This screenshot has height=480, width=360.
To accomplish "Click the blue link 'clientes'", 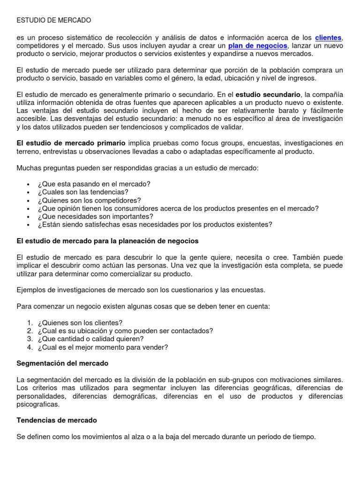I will click(x=328, y=37).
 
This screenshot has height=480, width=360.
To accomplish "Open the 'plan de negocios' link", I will click(x=257, y=45).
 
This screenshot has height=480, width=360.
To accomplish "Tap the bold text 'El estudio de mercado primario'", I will click(x=71, y=143).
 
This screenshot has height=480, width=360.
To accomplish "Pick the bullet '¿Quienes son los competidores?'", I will click(x=89, y=200).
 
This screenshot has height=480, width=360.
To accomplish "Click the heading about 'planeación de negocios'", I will click(x=107, y=241).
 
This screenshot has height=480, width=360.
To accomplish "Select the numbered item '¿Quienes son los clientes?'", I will click(x=81, y=322).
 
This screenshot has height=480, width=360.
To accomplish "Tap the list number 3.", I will click(x=30, y=339).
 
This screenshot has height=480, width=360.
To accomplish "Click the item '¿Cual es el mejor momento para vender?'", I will click(x=104, y=347).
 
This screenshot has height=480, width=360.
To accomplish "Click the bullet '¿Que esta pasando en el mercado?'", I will click(x=94, y=184).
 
